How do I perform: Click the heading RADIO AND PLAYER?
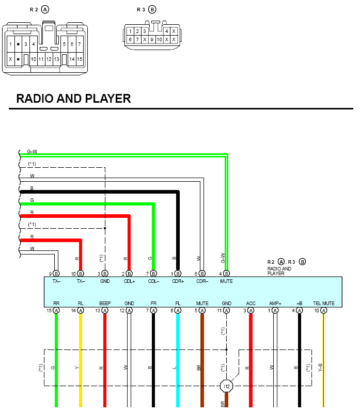pyautogui.click(x=73, y=99)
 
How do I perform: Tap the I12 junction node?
pyautogui.click(x=226, y=386)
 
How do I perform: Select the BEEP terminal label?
pyautogui.click(x=105, y=303)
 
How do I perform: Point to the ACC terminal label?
pyautogui.click(x=251, y=303)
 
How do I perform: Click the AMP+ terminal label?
pyautogui.click(x=275, y=303)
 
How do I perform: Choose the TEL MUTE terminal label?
pyautogui.click(x=323, y=303)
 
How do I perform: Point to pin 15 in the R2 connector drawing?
pyautogui.click(x=80, y=59)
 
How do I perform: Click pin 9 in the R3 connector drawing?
pyautogui.click(x=152, y=40)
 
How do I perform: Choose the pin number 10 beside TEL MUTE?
pyautogui.click(x=317, y=311)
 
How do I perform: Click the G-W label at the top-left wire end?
pyautogui.click(x=32, y=151)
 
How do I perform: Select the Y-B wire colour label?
pyautogui.click(x=320, y=368)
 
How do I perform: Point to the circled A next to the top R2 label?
pyautogui.click(x=45, y=9)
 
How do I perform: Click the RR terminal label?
pyautogui.click(x=56, y=303)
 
